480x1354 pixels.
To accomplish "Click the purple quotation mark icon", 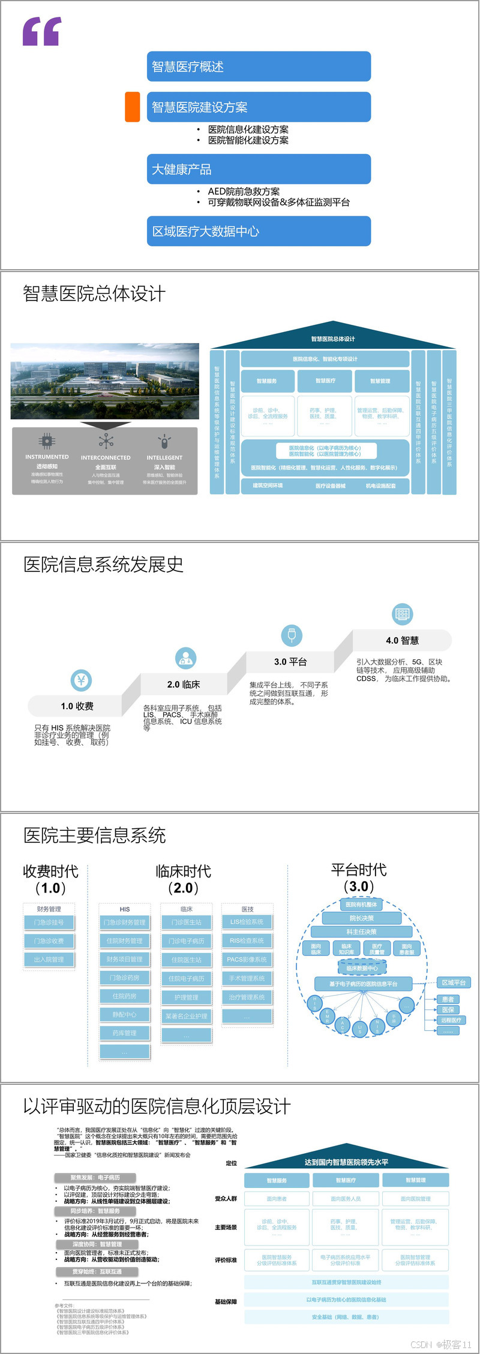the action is (42, 31).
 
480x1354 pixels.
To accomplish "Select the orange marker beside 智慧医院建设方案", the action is (133, 107).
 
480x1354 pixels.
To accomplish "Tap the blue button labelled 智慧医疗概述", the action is (259, 67).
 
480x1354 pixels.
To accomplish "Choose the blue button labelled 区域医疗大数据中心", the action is (259, 231).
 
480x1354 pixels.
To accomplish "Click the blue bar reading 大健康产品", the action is (259, 169).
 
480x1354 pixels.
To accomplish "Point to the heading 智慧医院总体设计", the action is (94, 294).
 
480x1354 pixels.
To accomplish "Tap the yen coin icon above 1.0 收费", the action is (81, 680).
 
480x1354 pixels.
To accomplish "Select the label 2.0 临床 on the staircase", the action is (184, 684).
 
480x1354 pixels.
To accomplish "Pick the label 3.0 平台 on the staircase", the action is (290, 662).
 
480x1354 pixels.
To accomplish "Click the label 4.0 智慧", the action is (402, 640).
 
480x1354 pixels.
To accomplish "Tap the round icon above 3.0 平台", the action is (292, 635).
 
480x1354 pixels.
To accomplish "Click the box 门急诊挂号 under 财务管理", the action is (49, 922).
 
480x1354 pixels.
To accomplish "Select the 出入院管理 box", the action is (49, 960).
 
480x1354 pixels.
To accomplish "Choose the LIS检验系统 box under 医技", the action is (247, 922).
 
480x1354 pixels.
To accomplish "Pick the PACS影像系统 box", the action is (247, 960).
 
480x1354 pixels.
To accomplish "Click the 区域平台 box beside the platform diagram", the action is (454, 982).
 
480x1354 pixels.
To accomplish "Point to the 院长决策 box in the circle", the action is (362, 918).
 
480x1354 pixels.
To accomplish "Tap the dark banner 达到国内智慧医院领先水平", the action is (346, 1162).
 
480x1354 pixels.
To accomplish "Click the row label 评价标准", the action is (226, 1260).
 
